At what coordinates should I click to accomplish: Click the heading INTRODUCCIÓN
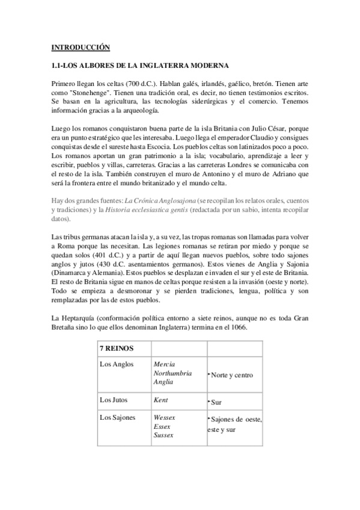[x=81, y=46]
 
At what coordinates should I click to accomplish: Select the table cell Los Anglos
[x=118, y=364]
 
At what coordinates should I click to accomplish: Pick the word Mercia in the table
[x=165, y=364]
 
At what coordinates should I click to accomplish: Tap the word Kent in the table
[x=160, y=399]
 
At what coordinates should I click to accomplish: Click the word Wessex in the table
[x=165, y=416]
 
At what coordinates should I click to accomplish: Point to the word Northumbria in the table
[x=173, y=373]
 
